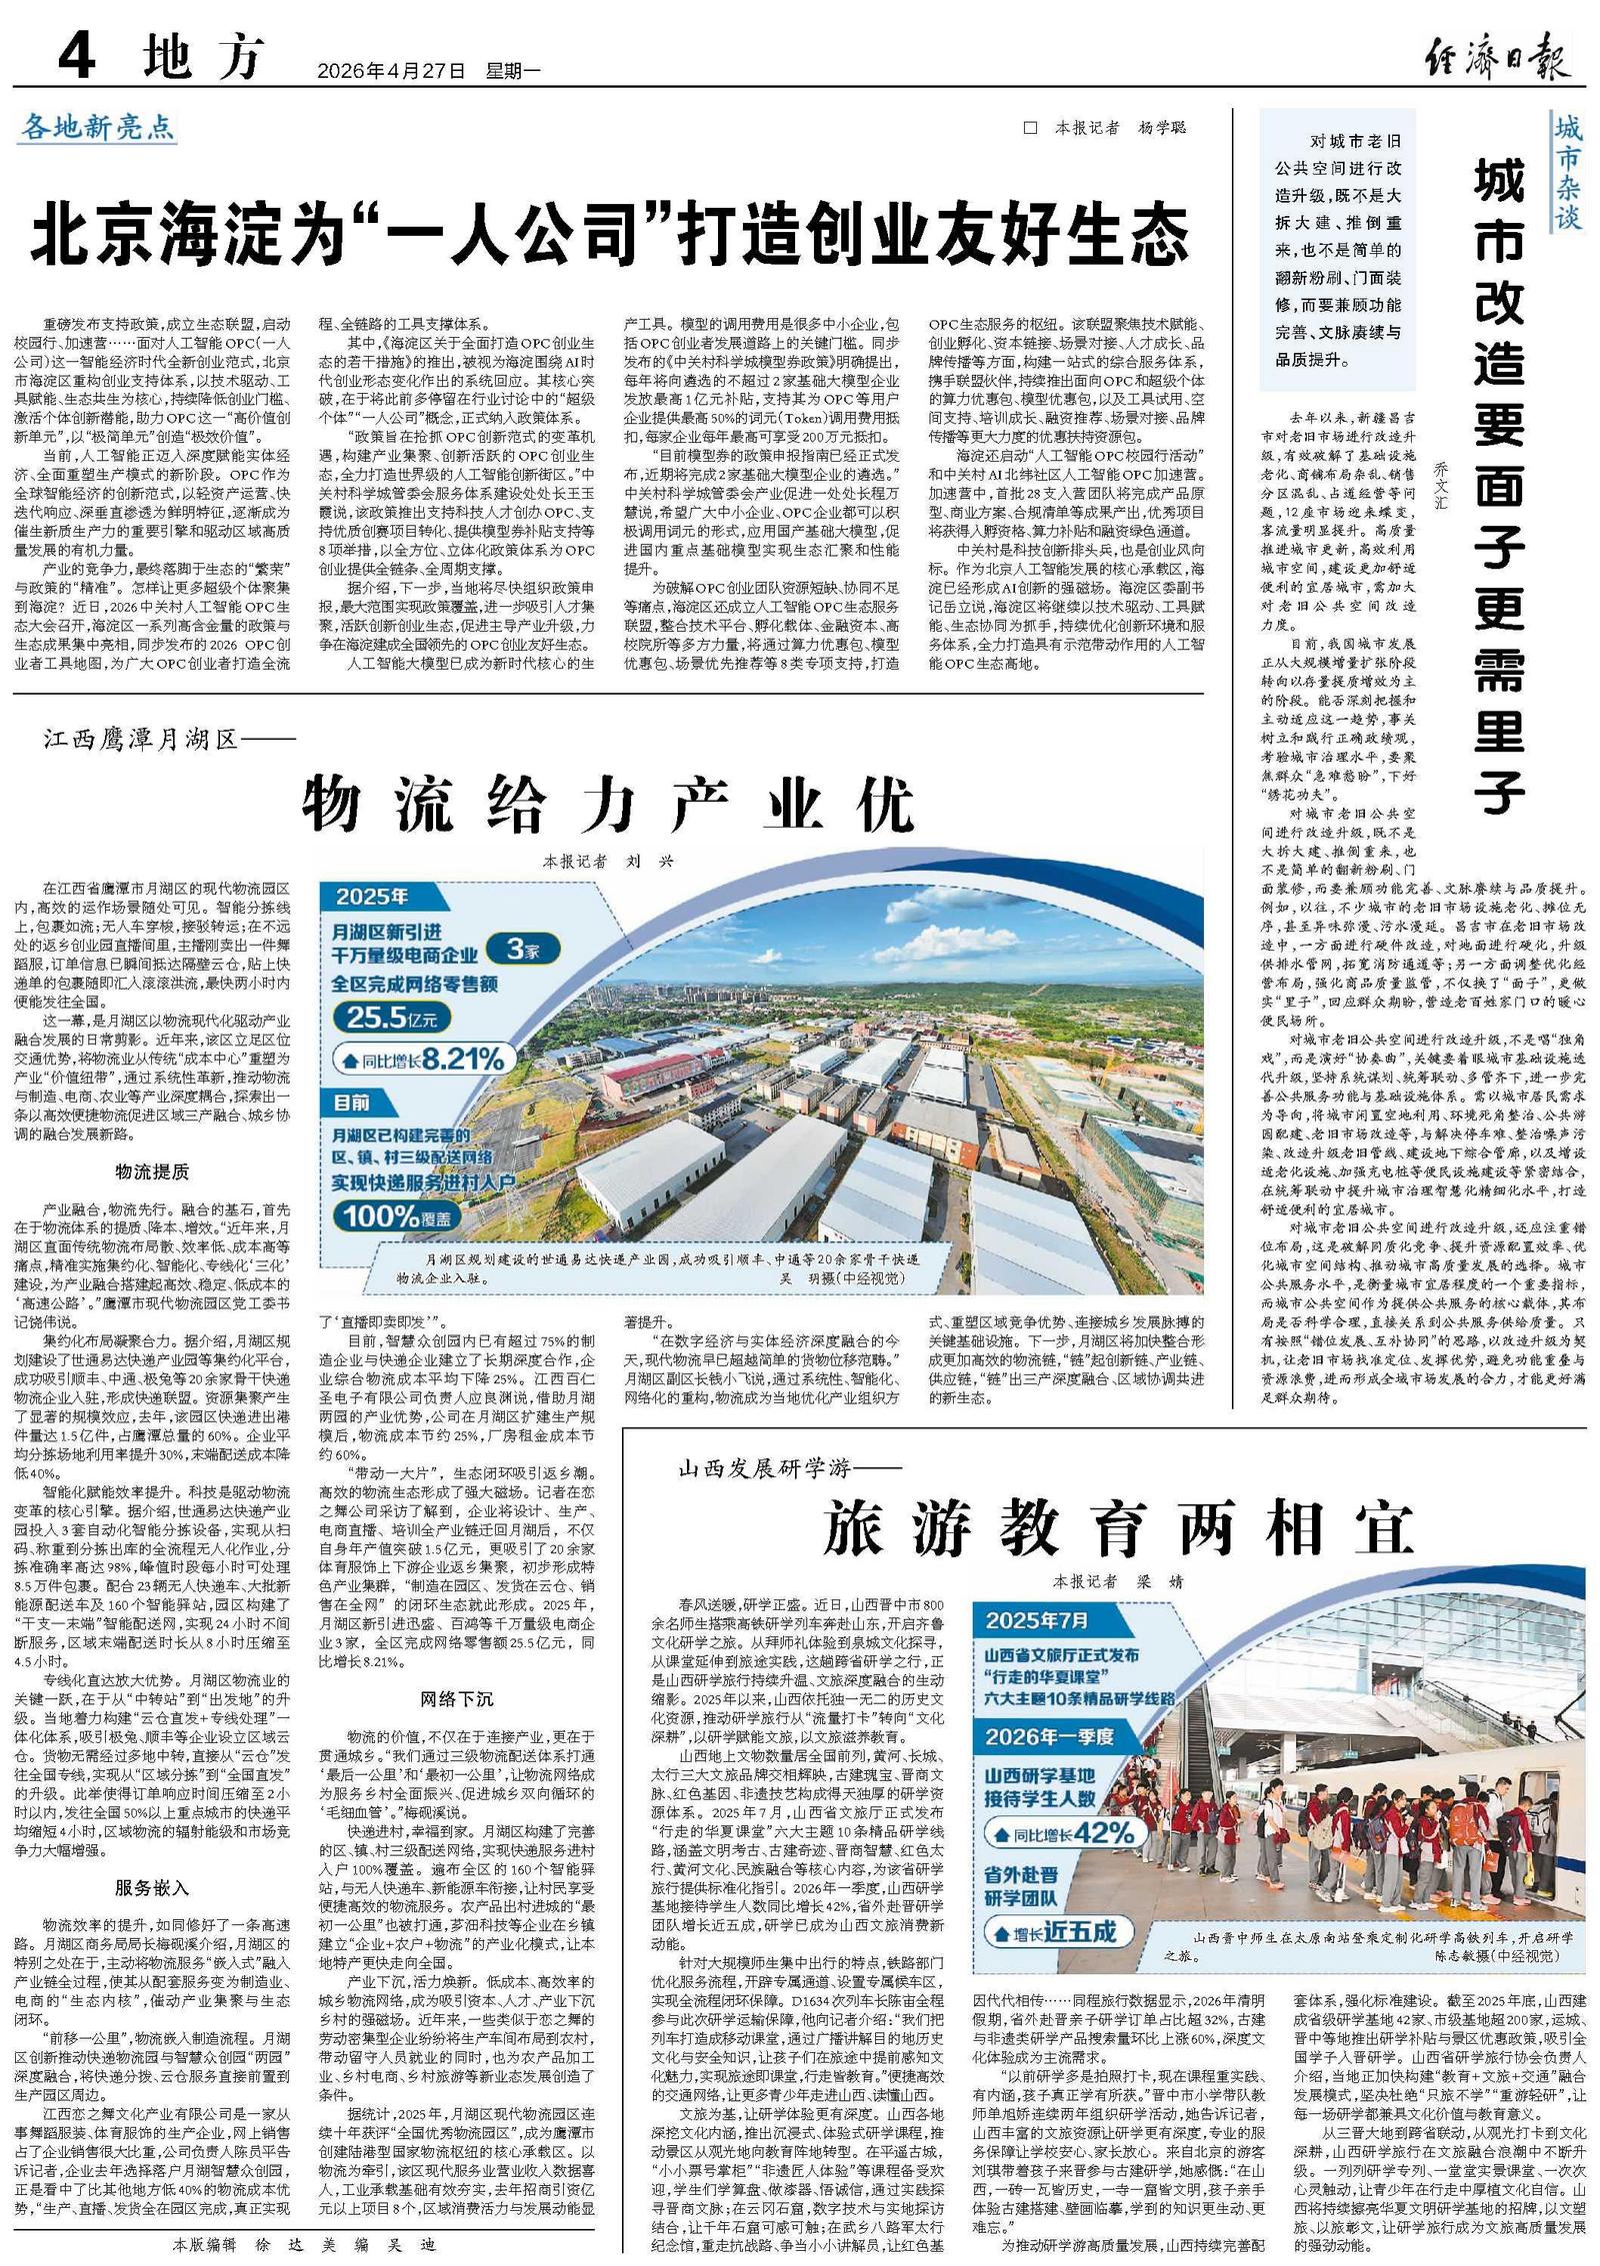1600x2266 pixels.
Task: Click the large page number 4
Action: (78, 58)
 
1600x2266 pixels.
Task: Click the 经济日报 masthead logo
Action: (1496, 58)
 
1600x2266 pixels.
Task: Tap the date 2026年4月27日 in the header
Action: (391, 71)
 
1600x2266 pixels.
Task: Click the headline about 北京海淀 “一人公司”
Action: (610, 234)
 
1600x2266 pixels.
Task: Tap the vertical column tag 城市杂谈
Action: (1567, 171)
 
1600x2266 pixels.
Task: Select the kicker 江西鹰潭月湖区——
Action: (170, 740)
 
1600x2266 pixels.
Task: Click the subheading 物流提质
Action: (152, 1171)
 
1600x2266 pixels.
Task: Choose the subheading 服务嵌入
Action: (152, 1888)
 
